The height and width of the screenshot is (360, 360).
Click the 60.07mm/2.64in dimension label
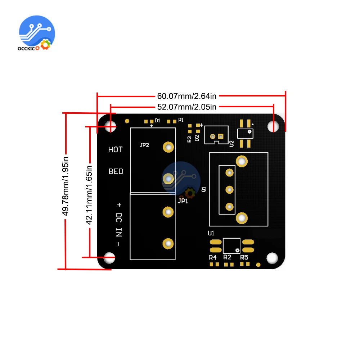(x=186, y=96)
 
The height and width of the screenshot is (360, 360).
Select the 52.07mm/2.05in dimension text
(x=186, y=107)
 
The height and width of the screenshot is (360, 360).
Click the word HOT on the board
(x=116, y=149)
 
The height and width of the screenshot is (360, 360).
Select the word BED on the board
(x=116, y=171)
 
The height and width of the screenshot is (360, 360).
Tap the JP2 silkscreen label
(x=144, y=145)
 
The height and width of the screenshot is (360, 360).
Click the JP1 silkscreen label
(x=183, y=201)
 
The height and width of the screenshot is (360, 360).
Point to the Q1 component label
(x=204, y=189)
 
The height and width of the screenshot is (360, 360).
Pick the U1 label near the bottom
(x=211, y=233)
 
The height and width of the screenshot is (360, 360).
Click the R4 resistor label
(x=213, y=257)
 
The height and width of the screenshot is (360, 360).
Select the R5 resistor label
(x=244, y=257)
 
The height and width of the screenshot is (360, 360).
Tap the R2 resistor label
(x=227, y=257)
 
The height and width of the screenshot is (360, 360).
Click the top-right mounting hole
(x=273, y=126)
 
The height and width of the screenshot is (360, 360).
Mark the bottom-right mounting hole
(x=273, y=258)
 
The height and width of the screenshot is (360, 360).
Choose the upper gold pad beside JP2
(x=168, y=147)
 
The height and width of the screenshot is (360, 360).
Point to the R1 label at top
(x=181, y=120)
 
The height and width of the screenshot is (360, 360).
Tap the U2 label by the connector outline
(x=231, y=143)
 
